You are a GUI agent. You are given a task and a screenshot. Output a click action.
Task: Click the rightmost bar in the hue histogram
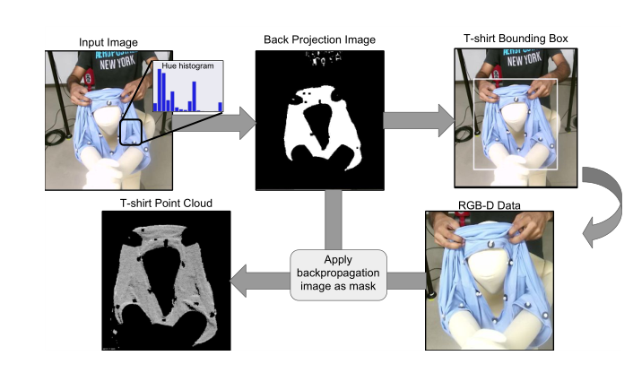click(x=220, y=106)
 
